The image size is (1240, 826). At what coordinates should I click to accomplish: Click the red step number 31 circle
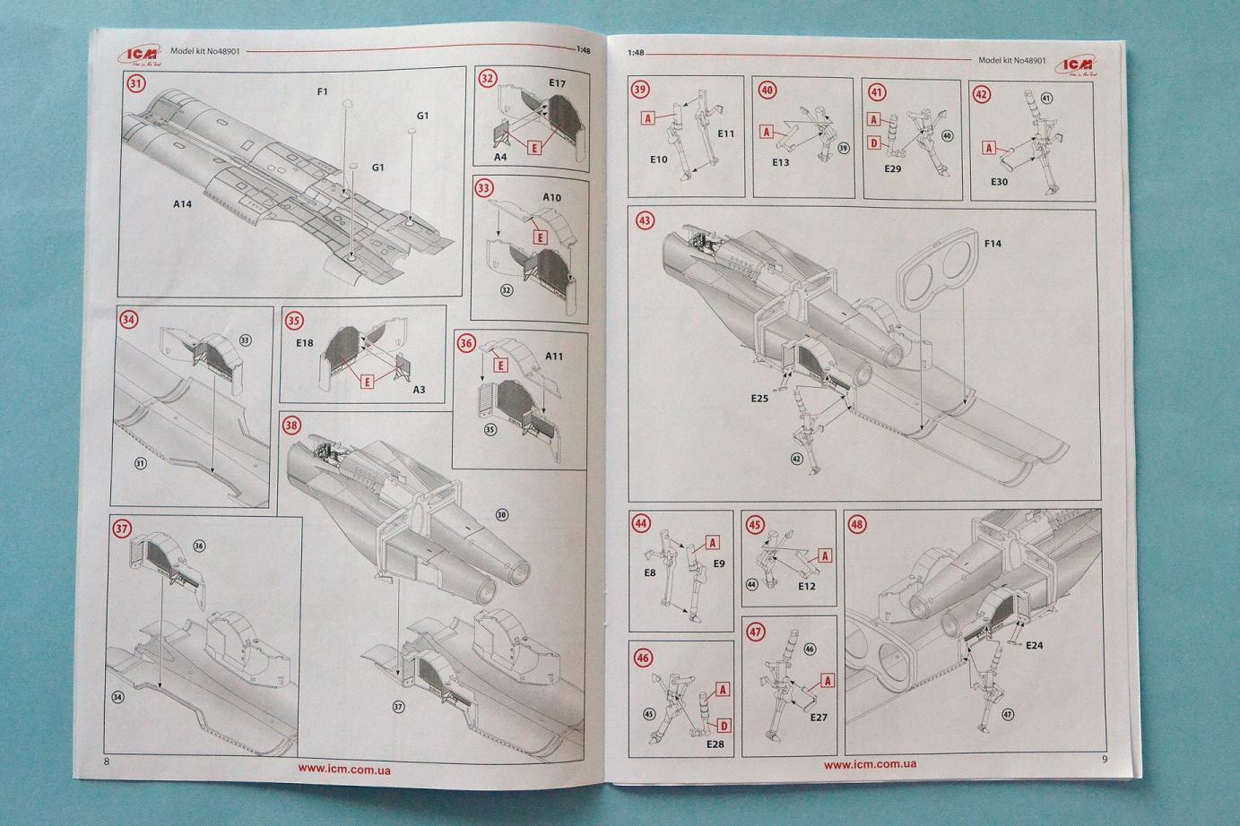[136, 85]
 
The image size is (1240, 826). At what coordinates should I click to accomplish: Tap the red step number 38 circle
[291, 425]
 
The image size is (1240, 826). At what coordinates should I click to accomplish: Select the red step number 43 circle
[644, 220]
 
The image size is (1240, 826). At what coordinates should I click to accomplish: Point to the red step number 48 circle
[858, 524]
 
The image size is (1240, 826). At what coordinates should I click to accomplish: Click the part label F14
[993, 243]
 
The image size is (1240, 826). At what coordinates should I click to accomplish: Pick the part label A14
[183, 204]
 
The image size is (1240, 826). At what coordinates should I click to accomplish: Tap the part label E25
[760, 398]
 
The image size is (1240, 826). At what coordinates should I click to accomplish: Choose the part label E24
[1034, 645]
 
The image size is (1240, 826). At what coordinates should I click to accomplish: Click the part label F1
[323, 91]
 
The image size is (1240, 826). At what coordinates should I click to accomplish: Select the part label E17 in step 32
[557, 83]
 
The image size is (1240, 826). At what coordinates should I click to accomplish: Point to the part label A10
[552, 197]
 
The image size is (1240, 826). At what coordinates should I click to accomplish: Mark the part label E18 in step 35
[304, 342]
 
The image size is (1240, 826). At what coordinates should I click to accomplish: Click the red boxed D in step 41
[873, 142]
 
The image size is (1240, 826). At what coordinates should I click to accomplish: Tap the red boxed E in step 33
[540, 237]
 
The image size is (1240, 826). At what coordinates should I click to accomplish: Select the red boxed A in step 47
[827, 681]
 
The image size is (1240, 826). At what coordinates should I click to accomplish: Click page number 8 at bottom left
[107, 761]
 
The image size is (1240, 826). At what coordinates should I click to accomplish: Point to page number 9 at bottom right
[1105, 760]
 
